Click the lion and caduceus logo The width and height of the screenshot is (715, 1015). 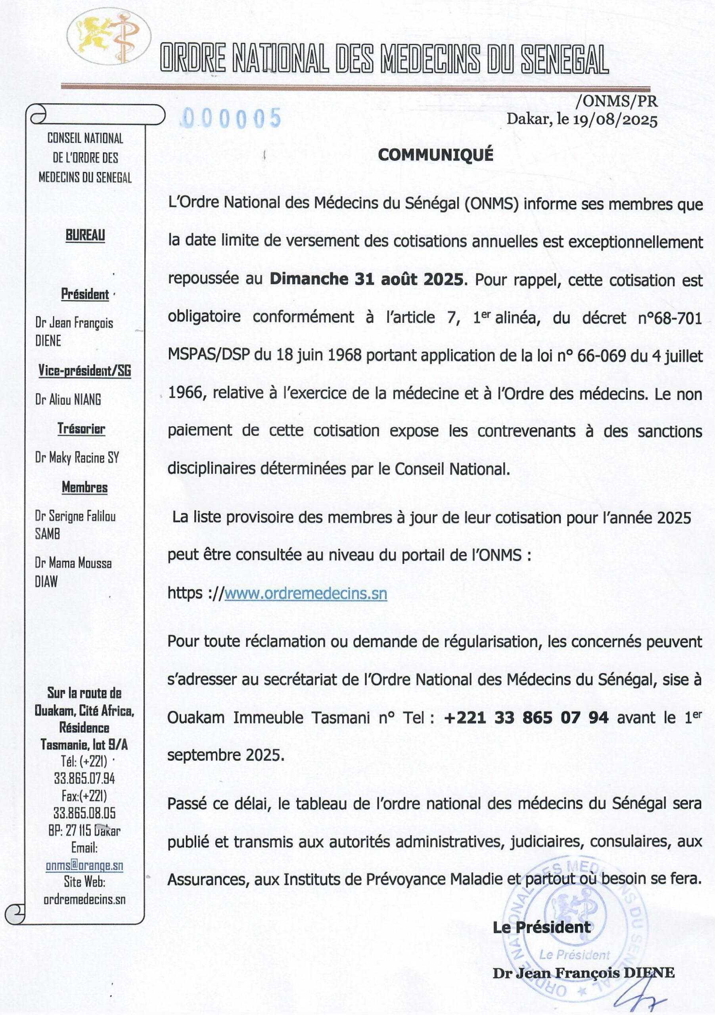(108, 36)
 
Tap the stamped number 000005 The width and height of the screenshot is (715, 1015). (232, 118)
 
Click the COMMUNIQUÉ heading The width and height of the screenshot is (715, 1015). (435, 155)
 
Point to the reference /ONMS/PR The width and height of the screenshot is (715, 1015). (616, 101)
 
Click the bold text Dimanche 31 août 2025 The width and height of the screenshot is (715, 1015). (366, 279)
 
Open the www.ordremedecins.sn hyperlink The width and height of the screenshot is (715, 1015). (305, 593)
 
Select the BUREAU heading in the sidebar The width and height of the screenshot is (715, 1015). (85, 235)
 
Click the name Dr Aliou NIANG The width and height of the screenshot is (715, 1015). (68, 400)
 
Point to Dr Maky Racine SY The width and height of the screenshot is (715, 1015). (77, 458)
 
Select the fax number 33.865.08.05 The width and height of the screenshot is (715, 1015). (84, 812)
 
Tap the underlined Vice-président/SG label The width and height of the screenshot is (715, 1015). (84, 370)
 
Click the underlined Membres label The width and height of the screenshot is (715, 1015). (84, 487)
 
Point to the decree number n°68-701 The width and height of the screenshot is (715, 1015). (670, 318)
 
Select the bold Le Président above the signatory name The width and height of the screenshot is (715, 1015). (541, 927)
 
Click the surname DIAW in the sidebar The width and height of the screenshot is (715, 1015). (46, 582)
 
